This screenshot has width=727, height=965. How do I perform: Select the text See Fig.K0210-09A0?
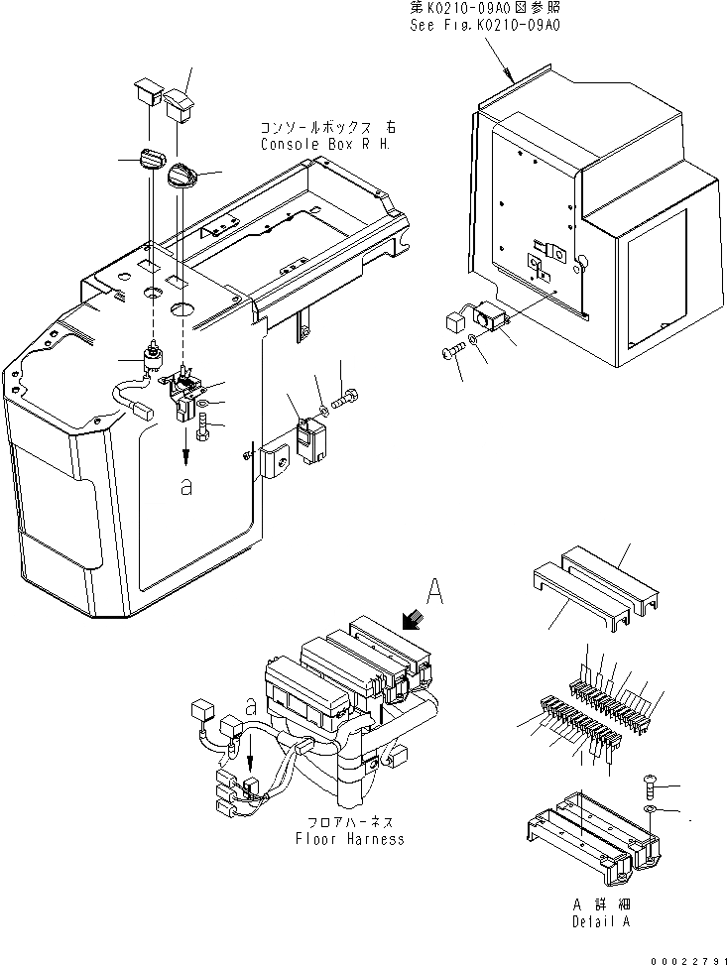[x=485, y=26]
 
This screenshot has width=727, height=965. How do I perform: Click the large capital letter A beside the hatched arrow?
[x=432, y=592]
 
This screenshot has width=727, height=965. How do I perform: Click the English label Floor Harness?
[x=350, y=839]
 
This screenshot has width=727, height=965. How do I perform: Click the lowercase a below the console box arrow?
[x=184, y=488]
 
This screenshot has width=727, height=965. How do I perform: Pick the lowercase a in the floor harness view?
[x=252, y=708]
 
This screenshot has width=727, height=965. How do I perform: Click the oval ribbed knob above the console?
[x=152, y=161]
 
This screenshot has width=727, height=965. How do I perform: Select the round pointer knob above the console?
[x=185, y=177]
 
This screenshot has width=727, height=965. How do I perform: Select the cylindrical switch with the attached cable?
[x=154, y=358]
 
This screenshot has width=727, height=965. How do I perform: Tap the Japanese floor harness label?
[x=349, y=822]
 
